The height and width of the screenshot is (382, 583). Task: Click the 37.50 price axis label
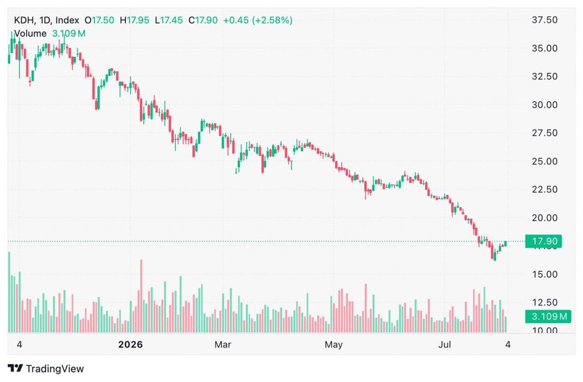click(545, 20)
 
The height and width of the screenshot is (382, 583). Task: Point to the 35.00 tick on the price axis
click(545, 48)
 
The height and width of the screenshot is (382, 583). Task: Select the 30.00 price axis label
click(545, 104)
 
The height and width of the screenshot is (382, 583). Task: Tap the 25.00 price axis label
click(545, 161)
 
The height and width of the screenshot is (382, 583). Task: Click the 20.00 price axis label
click(545, 218)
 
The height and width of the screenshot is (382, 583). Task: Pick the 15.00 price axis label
click(545, 274)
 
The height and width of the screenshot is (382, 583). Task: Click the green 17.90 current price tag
click(543, 241)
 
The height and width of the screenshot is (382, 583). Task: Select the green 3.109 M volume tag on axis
click(548, 317)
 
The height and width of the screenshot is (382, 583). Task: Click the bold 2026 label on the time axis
click(131, 345)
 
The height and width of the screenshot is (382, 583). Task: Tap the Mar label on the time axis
click(223, 345)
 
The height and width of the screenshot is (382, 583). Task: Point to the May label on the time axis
click(333, 345)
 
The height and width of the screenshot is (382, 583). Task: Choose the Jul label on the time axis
click(444, 345)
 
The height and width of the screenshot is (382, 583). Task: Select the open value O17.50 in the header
click(99, 20)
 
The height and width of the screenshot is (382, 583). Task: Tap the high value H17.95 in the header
click(135, 20)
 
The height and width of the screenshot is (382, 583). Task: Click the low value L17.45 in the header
click(169, 20)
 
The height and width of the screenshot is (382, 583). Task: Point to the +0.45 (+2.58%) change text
click(258, 20)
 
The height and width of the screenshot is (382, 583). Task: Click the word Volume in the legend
click(30, 33)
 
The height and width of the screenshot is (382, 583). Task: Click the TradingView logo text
click(55, 369)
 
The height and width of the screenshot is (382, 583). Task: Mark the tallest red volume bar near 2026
click(141, 296)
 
